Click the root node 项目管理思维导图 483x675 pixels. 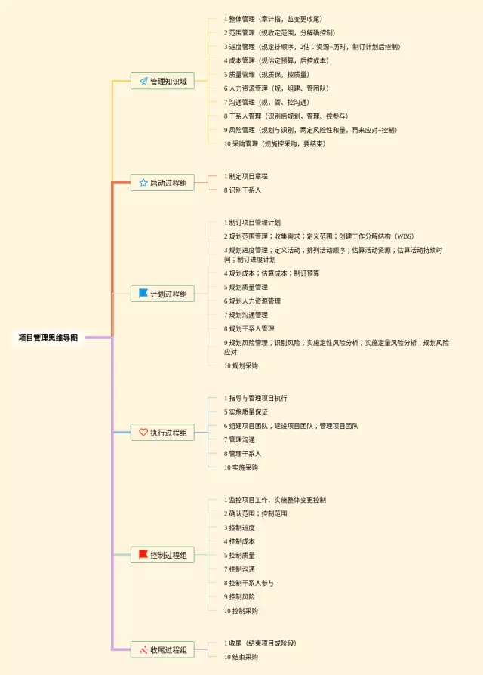click(x=48, y=338)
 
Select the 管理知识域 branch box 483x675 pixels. click(x=162, y=81)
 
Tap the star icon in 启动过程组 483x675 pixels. click(x=143, y=183)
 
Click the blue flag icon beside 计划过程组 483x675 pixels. click(x=143, y=294)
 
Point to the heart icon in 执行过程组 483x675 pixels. click(x=143, y=433)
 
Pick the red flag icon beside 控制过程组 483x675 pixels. click(x=143, y=555)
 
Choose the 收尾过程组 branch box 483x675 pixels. click(x=162, y=649)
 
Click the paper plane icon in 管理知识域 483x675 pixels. click(x=143, y=81)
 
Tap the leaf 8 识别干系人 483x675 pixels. click(x=242, y=190)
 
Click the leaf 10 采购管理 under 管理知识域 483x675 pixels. click(x=275, y=143)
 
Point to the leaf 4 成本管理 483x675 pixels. click(x=276, y=60)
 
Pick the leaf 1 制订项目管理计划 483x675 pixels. click(x=252, y=223)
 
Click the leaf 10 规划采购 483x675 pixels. click(x=241, y=365)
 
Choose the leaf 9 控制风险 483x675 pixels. click(x=239, y=596)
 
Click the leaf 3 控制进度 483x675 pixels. click(x=239, y=527)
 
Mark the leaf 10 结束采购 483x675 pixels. click(x=241, y=657)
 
